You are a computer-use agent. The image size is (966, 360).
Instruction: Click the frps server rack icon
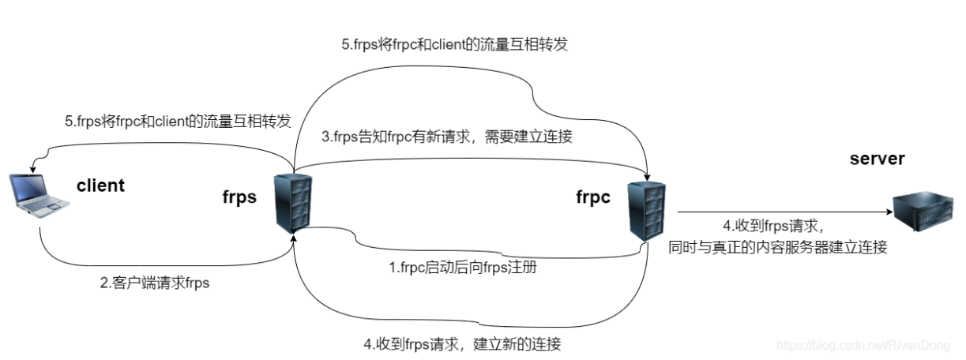(x=291, y=202)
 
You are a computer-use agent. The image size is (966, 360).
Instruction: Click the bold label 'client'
(x=100, y=186)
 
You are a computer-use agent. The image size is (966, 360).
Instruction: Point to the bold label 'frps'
(x=239, y=197)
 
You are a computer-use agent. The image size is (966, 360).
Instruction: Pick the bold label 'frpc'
(x=593, y=197)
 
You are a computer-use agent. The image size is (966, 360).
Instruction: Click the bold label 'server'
(x=877, y=159)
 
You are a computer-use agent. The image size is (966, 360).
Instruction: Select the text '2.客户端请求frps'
(x=155, y=283)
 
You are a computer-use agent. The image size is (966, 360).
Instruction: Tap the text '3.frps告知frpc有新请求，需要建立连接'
(x=446, y=136)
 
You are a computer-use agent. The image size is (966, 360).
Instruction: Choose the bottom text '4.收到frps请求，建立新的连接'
(x=463, y=344)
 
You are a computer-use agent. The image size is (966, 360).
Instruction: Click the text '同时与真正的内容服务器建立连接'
(x=778, y=246)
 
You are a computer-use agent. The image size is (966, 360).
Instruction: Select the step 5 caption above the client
(x=178, y=122)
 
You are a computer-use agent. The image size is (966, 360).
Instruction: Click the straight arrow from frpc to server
(x=782, y=212)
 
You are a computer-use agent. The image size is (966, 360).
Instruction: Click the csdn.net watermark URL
(x=865, y=345)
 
